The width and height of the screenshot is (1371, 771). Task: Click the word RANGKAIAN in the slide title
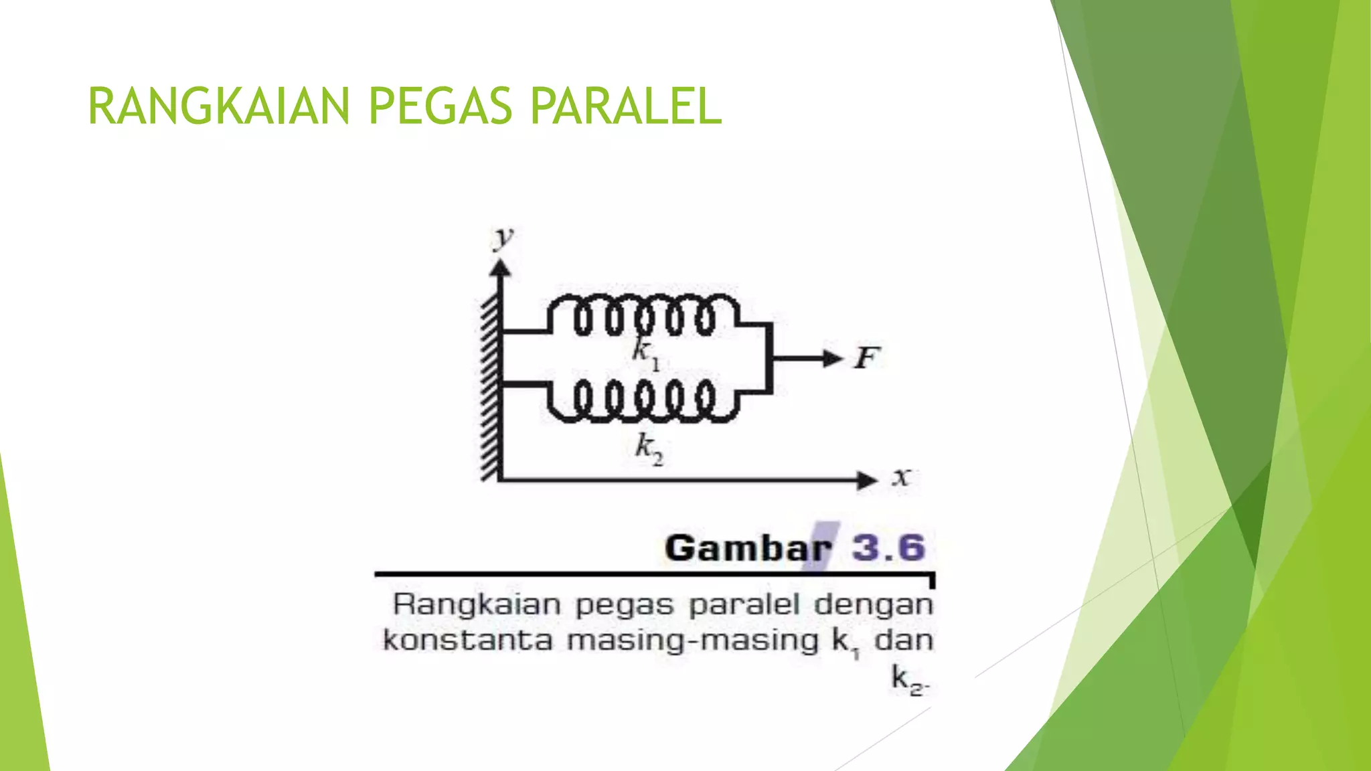coord(218,106)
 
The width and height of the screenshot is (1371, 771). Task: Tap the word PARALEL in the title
coord(626,106)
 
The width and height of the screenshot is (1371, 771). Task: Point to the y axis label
coord(503,238)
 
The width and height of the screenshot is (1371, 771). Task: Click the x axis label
coord(901,477)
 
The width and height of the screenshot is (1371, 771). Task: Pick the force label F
coord(866,358)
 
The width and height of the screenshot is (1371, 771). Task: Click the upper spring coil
coord(643,315)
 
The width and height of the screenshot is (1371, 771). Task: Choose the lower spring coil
coord(643,400)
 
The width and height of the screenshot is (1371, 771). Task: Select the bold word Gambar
coord(747,548)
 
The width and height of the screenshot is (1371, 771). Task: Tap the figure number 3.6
coord(888,548)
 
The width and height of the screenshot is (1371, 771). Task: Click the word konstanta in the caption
coord(467,640)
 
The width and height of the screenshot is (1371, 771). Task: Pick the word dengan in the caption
coord(873,605)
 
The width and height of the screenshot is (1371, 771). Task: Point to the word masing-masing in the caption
coord(693,640)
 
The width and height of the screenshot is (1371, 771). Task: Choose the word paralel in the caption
coord(744,605)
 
